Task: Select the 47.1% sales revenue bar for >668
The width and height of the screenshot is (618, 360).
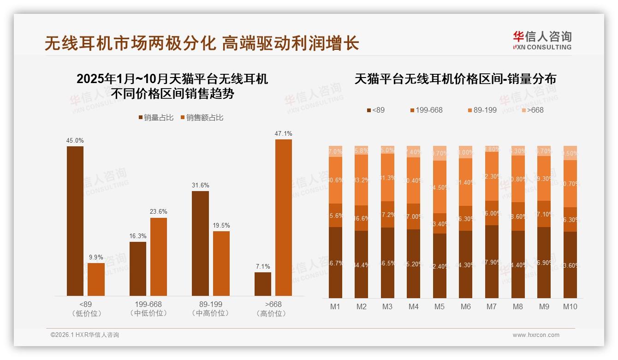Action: pos(284,217)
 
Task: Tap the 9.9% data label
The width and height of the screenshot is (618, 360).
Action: pos(96,258)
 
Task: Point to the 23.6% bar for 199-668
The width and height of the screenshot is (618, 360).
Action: pos(158,257)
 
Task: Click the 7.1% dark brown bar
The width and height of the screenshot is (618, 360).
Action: pos(263,284)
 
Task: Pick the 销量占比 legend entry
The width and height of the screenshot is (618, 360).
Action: pos(156,118)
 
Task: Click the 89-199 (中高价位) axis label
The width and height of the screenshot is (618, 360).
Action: pos(210,309)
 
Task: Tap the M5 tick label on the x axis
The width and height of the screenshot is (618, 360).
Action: pos(440,306)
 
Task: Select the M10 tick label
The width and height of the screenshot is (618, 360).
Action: pos(570,306)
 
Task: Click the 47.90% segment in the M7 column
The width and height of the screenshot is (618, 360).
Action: pos(492,261)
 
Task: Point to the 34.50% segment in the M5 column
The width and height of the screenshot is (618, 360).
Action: pos(440,186)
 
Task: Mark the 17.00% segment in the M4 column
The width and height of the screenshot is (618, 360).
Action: pos(414,216)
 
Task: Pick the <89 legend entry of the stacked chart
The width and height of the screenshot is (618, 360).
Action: pos(376,110)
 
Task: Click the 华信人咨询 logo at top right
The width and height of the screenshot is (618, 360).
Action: pos(542,40)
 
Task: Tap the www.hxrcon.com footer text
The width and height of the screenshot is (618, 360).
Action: pos(536,335)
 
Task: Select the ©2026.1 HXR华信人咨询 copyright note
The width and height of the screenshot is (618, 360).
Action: pos(84,335)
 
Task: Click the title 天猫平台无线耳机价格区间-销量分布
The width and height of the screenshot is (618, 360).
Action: pos(455,79)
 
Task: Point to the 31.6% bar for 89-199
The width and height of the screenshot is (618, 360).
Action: pos(200,243)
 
